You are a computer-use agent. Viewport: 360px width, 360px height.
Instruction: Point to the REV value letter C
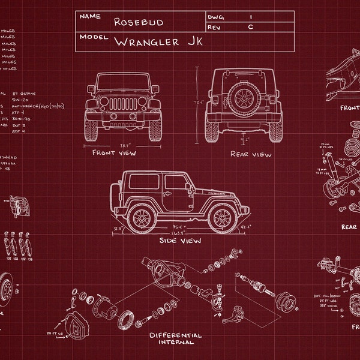coord(251,27)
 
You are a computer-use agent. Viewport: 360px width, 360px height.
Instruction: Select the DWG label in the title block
coord(215,17)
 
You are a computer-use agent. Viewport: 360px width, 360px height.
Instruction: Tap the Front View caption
coord(114,153)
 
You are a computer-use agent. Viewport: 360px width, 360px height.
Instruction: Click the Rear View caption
coord(251,154)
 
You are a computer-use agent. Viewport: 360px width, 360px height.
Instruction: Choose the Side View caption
coord(180,241)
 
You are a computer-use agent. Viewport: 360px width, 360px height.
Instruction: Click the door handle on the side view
coord(187,191)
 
